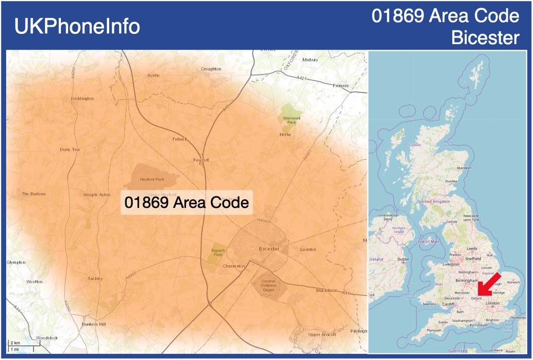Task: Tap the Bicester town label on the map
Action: (x=269, y=249)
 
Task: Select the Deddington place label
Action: (x=82, y=98)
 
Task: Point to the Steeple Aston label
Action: (x=96, y=195)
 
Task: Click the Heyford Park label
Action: (x=152, y=179)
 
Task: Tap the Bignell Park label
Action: (x=218, y=252)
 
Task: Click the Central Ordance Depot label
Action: (x=268, y=285)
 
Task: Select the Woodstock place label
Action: (x=47, y=338)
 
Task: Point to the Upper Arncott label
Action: (x=322, y=334)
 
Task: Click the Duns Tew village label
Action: (x=70, y=150)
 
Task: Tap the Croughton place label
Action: (x=211, y=69)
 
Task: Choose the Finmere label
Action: (x=341, y=86)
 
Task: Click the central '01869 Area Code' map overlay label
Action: (x=187, y=203)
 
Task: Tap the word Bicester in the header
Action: (x=485, y=38)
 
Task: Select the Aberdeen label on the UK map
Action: (x=464, y=168)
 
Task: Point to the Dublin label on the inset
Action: (x=403, y=259)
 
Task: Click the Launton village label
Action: (x=308, y=249)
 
